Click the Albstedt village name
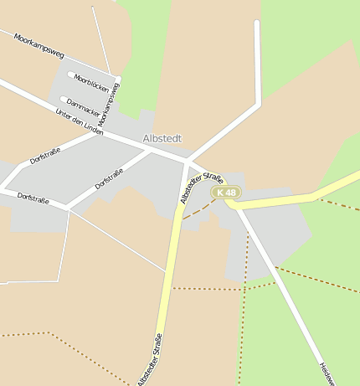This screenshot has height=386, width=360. point(162,138)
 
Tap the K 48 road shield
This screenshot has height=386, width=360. point(226,193)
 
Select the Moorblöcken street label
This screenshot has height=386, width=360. point(91,83)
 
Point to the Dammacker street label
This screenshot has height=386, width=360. point(84,106)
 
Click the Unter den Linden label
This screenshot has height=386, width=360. point(79,122)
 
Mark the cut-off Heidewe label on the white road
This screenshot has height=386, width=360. point(327,372)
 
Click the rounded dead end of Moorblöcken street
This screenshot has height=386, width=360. point(70,75)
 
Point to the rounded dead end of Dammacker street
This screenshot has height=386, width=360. point(63,100)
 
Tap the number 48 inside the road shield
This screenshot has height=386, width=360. point(231,193)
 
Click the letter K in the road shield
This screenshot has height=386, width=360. point(219,193)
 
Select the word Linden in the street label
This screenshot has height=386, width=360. point(92,128)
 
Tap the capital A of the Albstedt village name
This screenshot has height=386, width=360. point(147,138)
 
